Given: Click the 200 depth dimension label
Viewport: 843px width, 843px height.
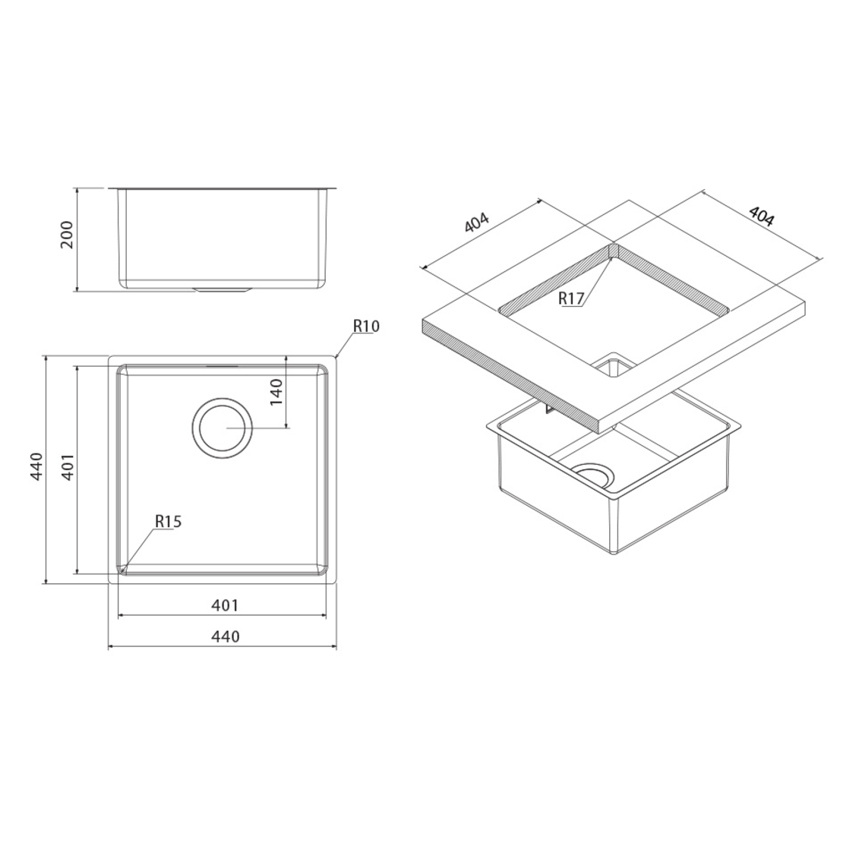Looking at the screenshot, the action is pyautogui.click(x=67, y=235).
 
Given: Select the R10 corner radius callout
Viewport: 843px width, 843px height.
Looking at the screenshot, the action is pyautogui.click(x=366, y=326).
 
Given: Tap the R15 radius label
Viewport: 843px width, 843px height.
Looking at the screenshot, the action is pyautogui.click(x=169, y=521).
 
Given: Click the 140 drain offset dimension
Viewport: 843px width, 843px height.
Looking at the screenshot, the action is pyautogui.click(x=276, y=392).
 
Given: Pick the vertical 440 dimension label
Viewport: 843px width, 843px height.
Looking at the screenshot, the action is pyautogui.click(x=36, y=466).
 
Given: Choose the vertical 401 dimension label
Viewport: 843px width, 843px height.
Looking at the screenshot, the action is pyautogui.click(x=68, y=466).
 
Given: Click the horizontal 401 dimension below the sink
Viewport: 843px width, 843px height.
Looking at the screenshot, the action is pyautogui.click(x=224, y=605).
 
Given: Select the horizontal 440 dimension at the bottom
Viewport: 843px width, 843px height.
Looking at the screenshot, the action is pyautogui.click(x=226, y=636).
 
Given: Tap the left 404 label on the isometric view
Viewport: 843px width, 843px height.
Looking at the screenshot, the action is pyautogui.click(x=477, y=223).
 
